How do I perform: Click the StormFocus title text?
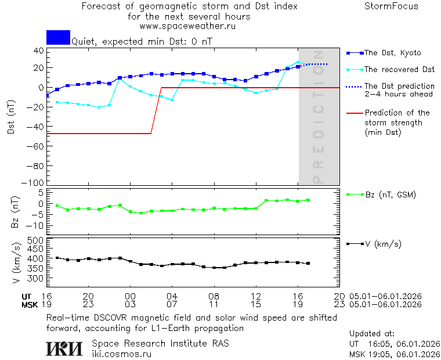tap(391, 6)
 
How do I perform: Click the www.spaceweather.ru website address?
tap(187, 26)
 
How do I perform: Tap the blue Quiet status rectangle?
tap(58, 37)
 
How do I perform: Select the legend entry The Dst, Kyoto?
tap(392, 53)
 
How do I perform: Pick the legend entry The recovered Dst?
tap(399, 70)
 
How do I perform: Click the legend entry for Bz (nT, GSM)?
tap(390, 195)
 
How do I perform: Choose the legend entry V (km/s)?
tap(382, 244)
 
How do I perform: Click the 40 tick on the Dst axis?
tap(39, 51)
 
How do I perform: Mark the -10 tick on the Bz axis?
tap(37, 225)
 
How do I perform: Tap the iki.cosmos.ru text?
tap(121, 353)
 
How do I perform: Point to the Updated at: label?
tap(372, 334)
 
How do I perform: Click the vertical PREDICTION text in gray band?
tap(318, 125)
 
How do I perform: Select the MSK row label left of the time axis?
tap(30, 304)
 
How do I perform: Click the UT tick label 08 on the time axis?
tap(214, 296)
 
